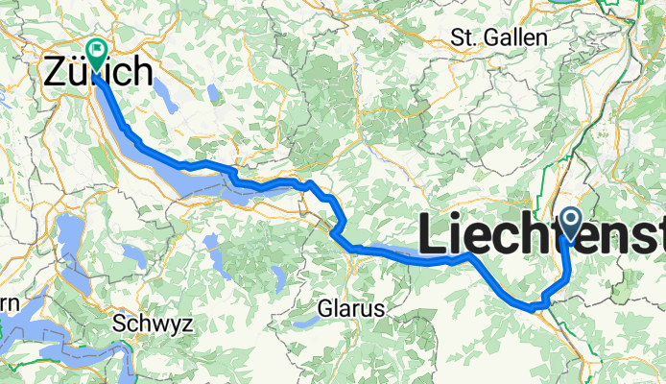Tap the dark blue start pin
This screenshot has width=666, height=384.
pos(571,224)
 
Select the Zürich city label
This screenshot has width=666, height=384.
pos(99,73)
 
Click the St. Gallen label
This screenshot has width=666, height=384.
pos(499,37)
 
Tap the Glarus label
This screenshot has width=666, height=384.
pos(351,309)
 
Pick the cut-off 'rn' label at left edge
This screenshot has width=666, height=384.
pos(9,303)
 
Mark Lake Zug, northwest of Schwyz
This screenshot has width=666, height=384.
pos(71,240)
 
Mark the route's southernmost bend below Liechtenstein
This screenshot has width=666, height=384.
pos(534,306)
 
